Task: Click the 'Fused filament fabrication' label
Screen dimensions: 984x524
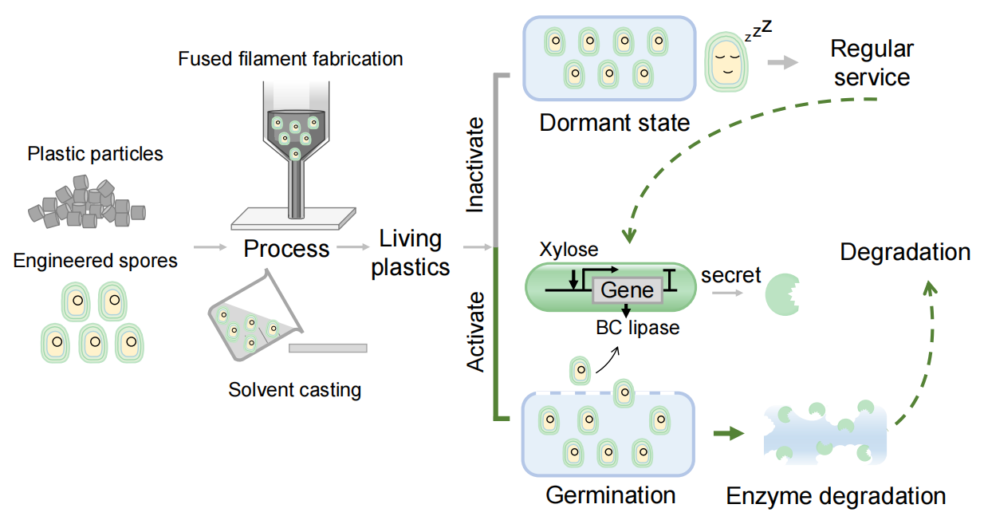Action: point(290,59)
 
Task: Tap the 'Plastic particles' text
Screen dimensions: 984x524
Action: point(95,154)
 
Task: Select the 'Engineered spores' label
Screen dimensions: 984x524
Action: point(95,261)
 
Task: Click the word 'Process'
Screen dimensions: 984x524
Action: point(286,249)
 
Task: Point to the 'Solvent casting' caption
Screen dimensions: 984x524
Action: point(295,389)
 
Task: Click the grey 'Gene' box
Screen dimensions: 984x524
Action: point(628,290)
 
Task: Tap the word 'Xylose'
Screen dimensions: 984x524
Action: point(569,250)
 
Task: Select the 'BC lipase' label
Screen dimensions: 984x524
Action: point(637,328)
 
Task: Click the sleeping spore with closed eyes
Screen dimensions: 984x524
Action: point(726,62)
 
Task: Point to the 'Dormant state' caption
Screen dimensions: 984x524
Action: point(615,123)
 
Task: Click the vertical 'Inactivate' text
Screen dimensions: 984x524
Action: point(475,165)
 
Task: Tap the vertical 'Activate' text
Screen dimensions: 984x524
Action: point(475,332)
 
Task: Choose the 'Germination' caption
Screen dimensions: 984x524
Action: point(611,495)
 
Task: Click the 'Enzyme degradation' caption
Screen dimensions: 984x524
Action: point(836,496)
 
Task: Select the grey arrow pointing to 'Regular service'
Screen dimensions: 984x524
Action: point(783,62)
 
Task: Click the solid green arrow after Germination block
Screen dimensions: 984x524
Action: point(729,433)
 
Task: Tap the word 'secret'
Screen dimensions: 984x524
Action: point(731,275)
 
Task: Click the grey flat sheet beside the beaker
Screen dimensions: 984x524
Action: point(328,349)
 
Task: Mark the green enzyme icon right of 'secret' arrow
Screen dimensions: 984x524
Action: point(782,295)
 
